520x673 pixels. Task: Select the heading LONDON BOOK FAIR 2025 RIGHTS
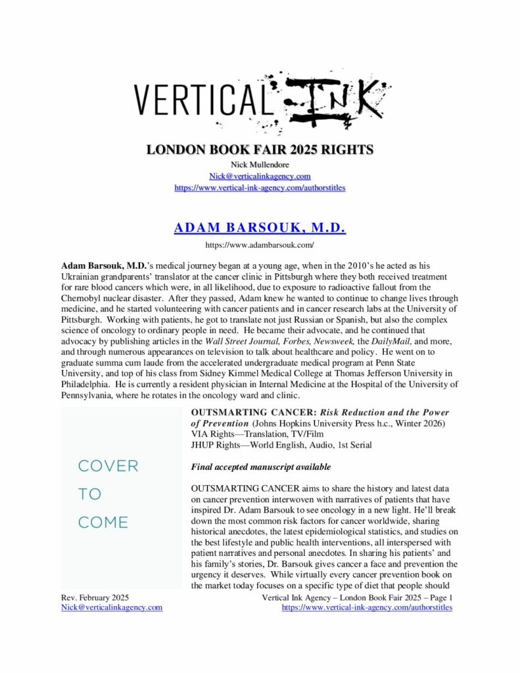260,150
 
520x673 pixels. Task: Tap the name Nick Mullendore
260,165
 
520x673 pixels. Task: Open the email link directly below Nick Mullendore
260,176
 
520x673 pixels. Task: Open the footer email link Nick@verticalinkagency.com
112,607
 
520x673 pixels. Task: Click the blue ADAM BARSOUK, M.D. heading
260,228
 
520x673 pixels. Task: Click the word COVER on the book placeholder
108,466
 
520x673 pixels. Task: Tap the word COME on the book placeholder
103,522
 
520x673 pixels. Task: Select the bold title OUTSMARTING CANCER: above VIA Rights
245,413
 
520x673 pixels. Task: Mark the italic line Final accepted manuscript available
261,467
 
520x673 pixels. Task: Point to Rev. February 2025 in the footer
95,597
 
